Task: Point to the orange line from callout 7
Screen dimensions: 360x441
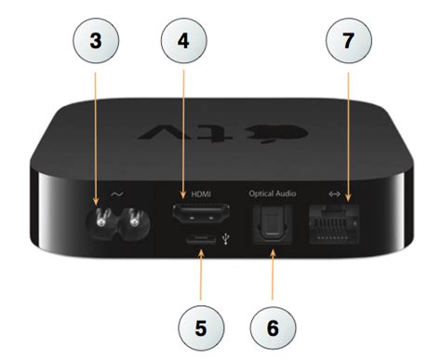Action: click(x=348, y=130)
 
